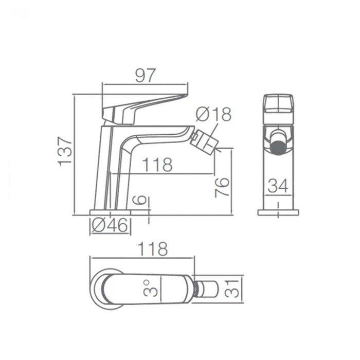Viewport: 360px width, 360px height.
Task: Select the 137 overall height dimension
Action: pyautogui.click(x=65, y=151)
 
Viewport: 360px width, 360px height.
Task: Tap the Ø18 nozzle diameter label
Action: pyautogui.click(x=214, y=115)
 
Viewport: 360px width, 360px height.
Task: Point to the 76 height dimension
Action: pyautogui.click(x=221, y=187)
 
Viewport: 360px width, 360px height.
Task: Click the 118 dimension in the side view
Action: pyautogui.click(x=156, y=165)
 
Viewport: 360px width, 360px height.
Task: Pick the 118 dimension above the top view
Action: pyautogui.click(x=152, y=249)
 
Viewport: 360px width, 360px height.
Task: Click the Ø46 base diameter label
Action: pyautogui.click(x=110, y=225)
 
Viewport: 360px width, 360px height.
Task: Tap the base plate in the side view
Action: pyautogui.click(x=110, y=212)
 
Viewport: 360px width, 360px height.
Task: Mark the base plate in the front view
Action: pyautogui.click(x=278, y=212)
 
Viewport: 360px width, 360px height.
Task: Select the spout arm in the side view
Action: pyautogui.click(x=154, y=135)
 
